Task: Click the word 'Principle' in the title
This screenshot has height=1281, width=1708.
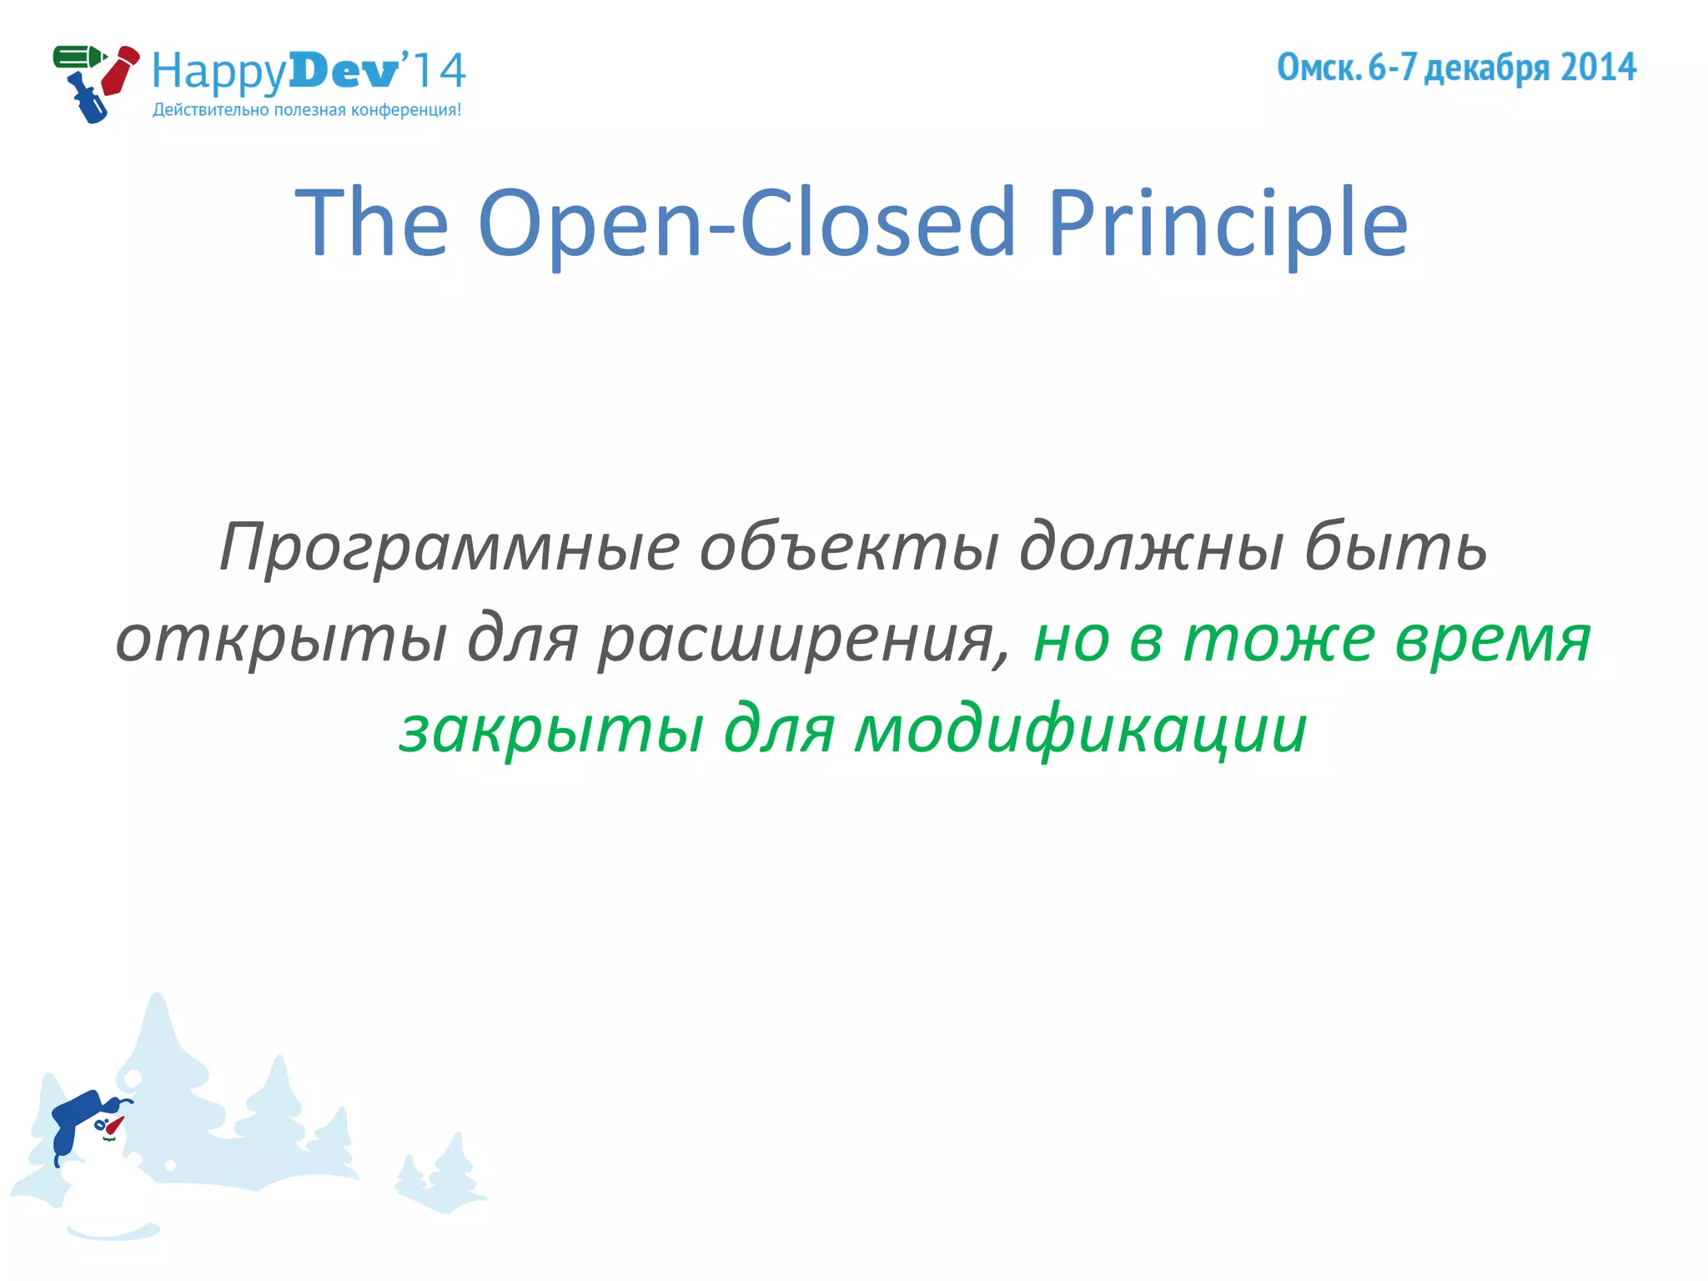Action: [x=1227, y=224]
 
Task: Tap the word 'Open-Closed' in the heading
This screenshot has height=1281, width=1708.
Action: [x=746, y=224]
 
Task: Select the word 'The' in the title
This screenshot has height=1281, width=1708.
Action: [x=372, y=224]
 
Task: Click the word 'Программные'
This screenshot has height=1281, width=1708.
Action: [x=450, y=547]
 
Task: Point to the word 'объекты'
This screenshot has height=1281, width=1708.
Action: [x=848, y=547]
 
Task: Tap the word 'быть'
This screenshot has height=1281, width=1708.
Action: [x=1395, y=547]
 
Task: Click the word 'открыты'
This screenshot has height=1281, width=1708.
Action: [x=281, y=639]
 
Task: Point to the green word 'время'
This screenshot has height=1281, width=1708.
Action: [x=1493, y=639]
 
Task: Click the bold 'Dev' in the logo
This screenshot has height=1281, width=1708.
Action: [x=344, y=71]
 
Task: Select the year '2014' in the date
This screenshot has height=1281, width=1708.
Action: [x=1598, y=68]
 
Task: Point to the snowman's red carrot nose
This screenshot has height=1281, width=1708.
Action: [x=114, y=1126]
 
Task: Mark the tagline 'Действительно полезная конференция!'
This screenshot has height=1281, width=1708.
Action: [x=306, y=110]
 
